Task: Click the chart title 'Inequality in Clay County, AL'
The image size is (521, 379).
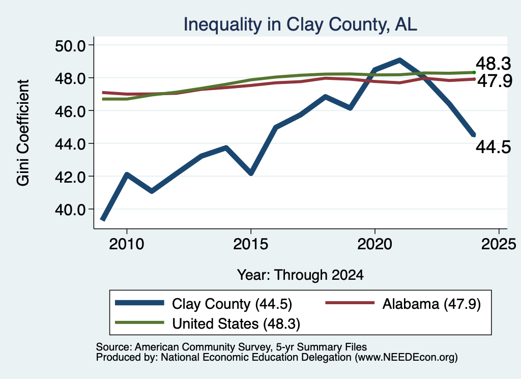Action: pos(300,25)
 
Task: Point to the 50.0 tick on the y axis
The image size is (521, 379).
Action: pos(70,45)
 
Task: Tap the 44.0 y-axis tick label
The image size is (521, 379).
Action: pos(70,144)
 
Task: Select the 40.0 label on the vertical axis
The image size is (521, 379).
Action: pos(70,210)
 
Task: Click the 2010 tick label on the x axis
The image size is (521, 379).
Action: pos(127,245)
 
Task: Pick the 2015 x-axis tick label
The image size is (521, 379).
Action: pos(250,245)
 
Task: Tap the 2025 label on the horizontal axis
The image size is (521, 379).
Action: pos(499,245)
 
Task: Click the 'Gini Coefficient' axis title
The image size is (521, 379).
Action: pos(23,133)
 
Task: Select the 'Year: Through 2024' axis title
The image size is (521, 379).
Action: pos(300,275)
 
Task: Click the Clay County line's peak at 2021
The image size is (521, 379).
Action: pos(400,61)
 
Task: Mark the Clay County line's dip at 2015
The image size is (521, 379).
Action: pos(251,173)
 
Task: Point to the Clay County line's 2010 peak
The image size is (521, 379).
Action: pos(127,174)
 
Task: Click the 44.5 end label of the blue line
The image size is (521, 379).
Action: pos(494,147)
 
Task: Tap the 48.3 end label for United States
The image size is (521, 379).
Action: pos(494,64)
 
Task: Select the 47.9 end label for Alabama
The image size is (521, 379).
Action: pos(495,81)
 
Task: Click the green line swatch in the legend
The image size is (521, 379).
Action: pos(139,323)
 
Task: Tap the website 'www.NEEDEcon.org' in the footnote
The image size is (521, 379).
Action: pos(406,358)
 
